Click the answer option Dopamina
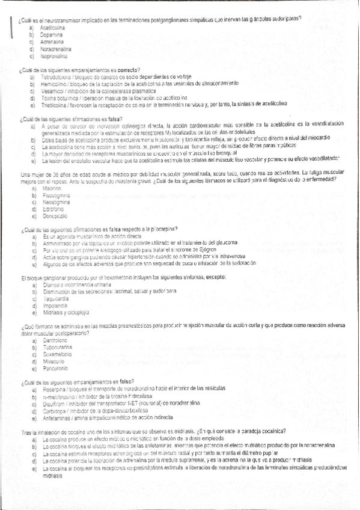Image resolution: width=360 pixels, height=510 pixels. click(x=52, y=35)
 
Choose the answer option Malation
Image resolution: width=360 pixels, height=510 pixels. click(x=50, y=189)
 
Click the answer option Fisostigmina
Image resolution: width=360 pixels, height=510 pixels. click(x=55, y=195)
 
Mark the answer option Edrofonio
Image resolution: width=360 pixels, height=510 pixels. click(x=52, y=209)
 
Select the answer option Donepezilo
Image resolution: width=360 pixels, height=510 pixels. click(x=54, y=215)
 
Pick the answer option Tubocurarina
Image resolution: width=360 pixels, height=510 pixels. click(x=55, y=347)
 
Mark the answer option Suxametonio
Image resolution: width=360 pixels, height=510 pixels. click(x=56, y=354)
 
